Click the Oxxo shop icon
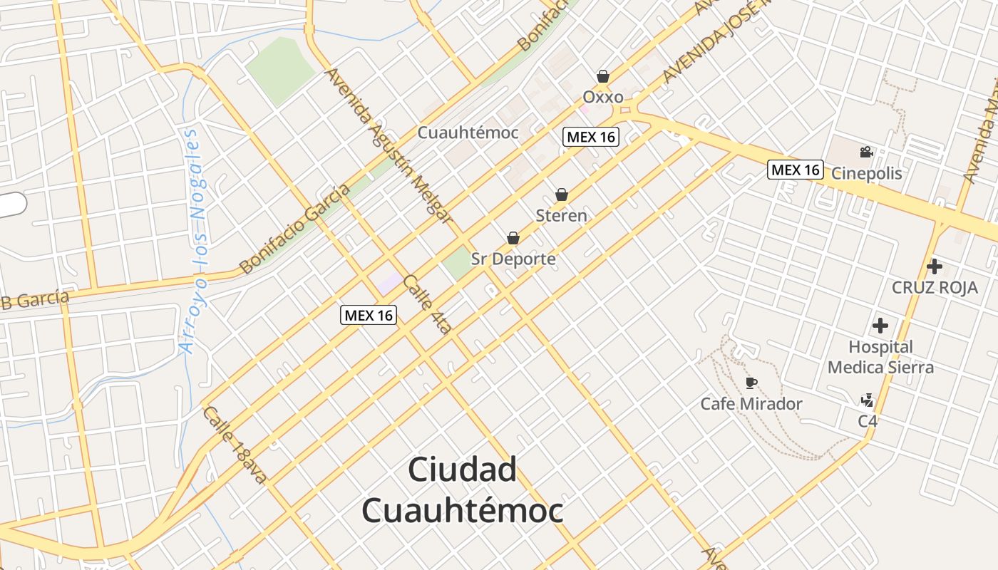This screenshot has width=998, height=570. [603, 76]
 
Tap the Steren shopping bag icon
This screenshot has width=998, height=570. [562, 195]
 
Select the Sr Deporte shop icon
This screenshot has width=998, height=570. [513, 238]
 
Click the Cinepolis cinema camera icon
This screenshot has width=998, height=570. [866, 152]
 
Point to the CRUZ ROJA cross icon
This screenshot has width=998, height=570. [935, 267]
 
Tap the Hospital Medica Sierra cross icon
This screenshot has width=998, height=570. [880, 326]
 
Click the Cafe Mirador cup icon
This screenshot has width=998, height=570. [751, 383]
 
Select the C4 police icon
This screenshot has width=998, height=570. [867, 400]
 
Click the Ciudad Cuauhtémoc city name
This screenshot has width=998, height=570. [462, 490]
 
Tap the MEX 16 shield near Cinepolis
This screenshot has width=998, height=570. [796, 170]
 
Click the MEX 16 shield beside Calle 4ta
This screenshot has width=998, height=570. [368, 315]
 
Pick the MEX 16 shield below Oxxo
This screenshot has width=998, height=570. [591, 137]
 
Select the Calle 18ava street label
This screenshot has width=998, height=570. [234, 445]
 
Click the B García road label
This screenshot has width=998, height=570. [36, 299]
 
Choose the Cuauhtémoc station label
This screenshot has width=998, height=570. [468, 133]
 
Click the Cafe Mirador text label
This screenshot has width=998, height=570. [751, 404]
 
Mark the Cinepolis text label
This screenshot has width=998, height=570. [867, 173]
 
